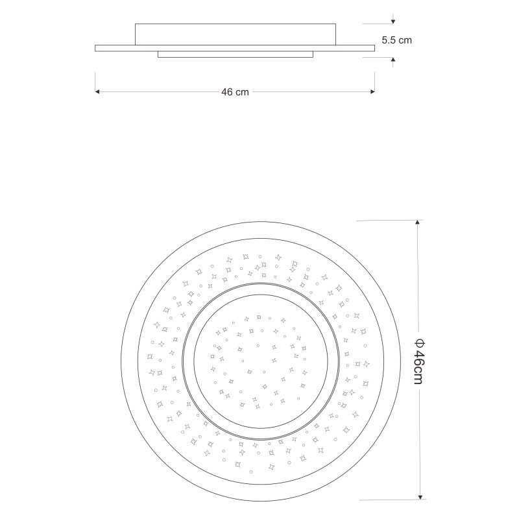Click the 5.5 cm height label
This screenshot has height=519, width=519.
click(396, 40)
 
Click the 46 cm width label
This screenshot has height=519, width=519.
click(235, 92)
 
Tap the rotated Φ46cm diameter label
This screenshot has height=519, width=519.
click(418, 361)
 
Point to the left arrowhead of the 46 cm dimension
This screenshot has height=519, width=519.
click(97, 91)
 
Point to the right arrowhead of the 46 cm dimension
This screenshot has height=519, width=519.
click(372, 91)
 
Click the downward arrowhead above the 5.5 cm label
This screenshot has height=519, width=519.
click(393, 21)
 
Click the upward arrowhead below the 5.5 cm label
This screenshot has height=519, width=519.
click(393, 60)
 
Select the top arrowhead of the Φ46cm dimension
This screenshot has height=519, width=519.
click(418, 223)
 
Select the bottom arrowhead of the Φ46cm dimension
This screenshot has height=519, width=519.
click(420, 497)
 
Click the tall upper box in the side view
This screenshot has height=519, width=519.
click(235, 34)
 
